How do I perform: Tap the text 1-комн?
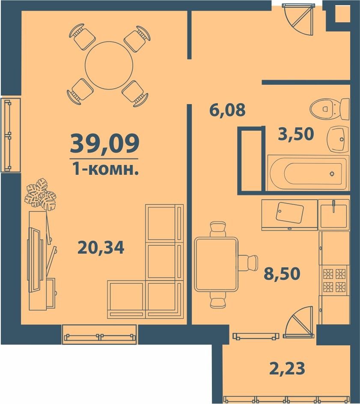tap(105, 169)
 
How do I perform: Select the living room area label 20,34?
tap(101, 248)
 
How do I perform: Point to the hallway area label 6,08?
tap(227, 110)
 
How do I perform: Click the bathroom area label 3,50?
tap(296, 134)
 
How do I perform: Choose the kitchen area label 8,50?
tap(282, 273)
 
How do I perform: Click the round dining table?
tap(109, 66)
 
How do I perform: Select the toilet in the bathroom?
tap(329, 109)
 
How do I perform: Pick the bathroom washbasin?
tap(338, 139)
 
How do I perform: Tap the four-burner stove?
tap(334, 281)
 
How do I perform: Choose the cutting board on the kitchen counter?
tap(290, 212)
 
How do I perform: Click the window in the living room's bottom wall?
tap(100, 334)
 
